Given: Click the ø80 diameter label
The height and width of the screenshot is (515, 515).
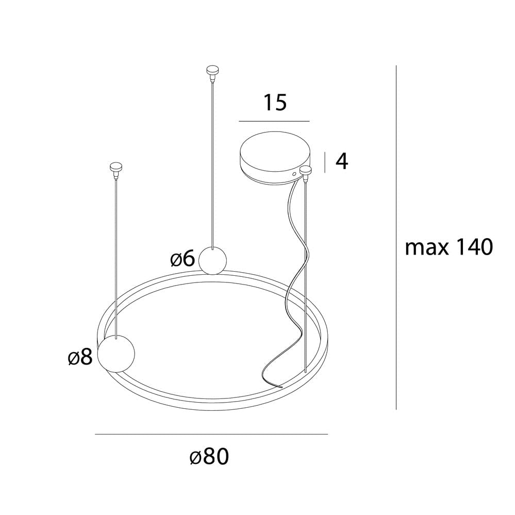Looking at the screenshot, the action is point(209,456).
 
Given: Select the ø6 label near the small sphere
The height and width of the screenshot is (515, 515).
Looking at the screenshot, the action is point(182,258).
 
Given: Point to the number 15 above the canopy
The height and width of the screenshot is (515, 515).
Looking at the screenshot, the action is point(275,102).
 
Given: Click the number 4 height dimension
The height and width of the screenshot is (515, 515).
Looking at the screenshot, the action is point(342,161).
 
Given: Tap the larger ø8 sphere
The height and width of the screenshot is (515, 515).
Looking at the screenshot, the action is point(117,354).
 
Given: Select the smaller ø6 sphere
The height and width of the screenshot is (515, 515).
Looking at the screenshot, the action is point(212,260).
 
